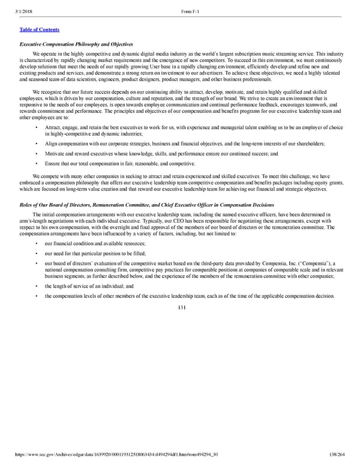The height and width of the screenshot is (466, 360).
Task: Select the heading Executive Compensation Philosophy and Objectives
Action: pos(76,45)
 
